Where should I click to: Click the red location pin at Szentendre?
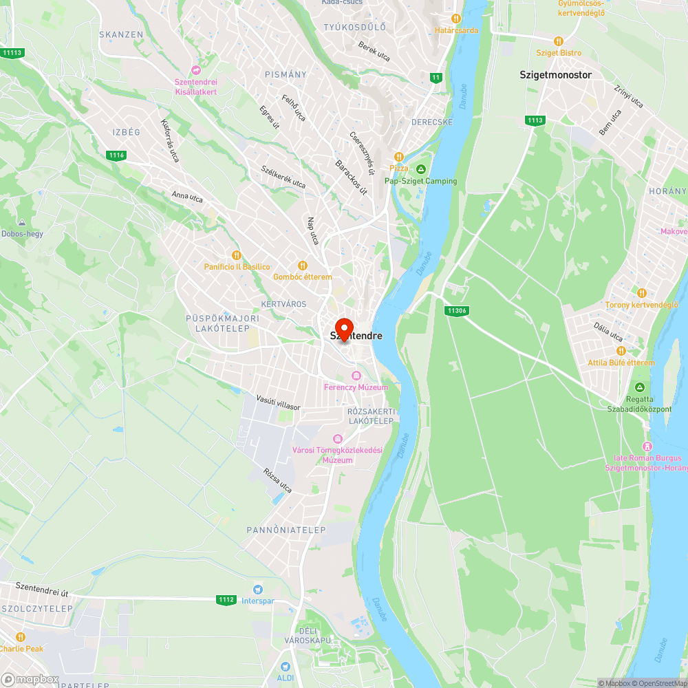pos(343,328)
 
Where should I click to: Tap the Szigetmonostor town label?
pos(555,75)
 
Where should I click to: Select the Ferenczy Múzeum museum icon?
pos(356,376)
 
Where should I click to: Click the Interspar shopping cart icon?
pos(257,589)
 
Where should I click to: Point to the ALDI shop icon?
pos(286,666)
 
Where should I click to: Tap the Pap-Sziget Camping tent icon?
pos(421,169)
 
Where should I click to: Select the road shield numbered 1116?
pos(116,155)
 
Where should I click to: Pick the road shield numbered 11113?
pos(12,53)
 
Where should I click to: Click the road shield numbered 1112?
pos(226,600)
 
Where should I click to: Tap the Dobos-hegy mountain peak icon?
pos(22,223)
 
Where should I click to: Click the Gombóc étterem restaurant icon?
pos(302,266)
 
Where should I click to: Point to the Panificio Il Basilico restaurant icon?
pos(237,255)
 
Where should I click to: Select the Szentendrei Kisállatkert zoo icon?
pos(196,70)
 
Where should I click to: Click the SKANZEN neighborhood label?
pos(121,34)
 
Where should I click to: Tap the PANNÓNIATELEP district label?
pos(277,530)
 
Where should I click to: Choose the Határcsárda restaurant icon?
pos(455,19)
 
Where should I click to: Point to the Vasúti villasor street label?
pos(278,402)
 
